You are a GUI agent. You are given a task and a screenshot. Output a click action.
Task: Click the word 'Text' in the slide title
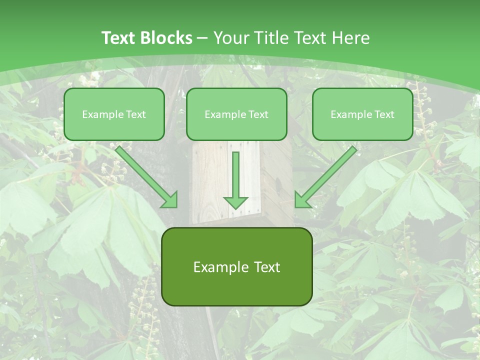pos(118,38)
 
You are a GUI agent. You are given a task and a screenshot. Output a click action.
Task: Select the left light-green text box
pos(114,114)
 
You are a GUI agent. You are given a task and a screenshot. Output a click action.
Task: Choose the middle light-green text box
pos(236,114)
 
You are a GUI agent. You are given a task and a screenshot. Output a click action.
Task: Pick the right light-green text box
pos(362,114)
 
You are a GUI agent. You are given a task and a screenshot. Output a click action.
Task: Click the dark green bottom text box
pos(236,267)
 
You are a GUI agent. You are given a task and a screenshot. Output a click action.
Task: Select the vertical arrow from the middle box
pos(235,175)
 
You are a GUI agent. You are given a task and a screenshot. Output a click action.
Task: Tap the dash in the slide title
pos(202,38)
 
